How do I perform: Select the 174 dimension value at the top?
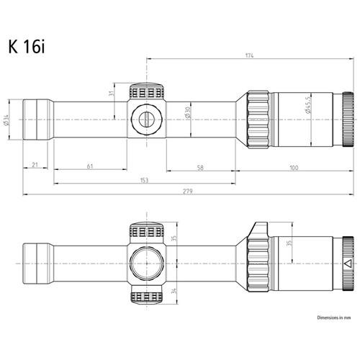[249, 55]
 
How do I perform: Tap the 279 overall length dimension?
[187, 190]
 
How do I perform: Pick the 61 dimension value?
[90, 166]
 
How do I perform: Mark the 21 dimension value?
[35, 166]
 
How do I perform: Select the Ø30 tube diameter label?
[188, 115]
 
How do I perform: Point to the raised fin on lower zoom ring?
[260, 230]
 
